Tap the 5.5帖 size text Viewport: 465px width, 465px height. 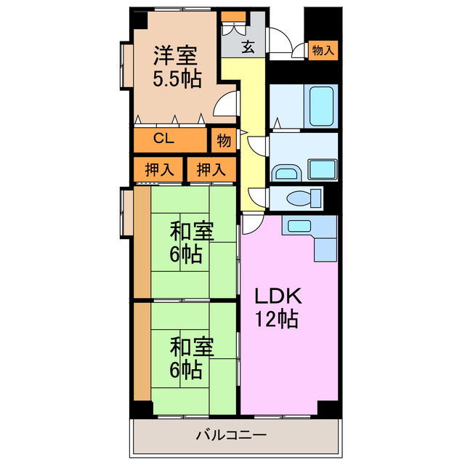click(x=177, y=79)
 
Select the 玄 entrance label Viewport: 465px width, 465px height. click(x=248, y=48)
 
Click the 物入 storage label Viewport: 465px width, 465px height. click(x=323, y=50)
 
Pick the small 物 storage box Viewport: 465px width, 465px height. click(x=224, y=140)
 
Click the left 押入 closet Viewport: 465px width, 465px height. click(x=159, y=170)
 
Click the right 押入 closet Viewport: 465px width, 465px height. click(x=211, y=170)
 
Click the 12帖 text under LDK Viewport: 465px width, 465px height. click(x=276, y=319)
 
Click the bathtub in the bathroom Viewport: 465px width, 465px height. click(x=320, y=106)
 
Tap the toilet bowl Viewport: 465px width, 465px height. click(x=303, y=198)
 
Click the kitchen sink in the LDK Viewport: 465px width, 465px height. click(x=298, y=226)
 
